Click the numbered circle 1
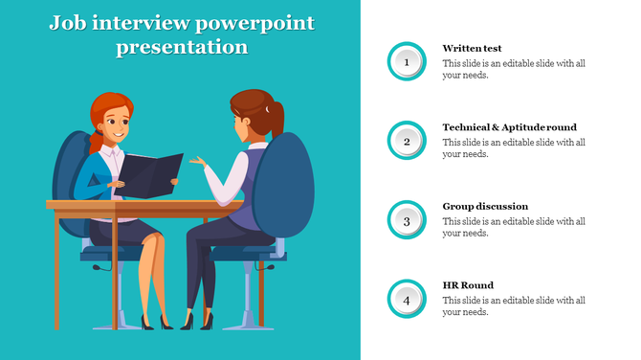[407, 62]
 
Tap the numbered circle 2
[407, 142]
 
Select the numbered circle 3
[407, 221]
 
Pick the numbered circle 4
[407, 300]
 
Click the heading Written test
[472, 48]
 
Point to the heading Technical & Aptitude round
[509, 127]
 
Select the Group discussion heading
[485, 206]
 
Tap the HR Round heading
[468, 285]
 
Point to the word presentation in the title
[181, 47]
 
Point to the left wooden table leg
[66, 268]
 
